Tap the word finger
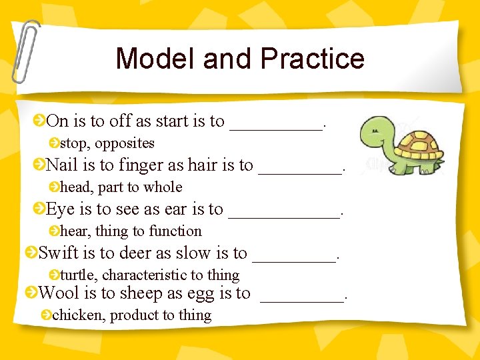[x=140, y=165]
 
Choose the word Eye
[x=60, y=209]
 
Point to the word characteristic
[x=145, y=275]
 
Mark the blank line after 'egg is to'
[x=302, y=299]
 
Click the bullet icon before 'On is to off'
[x=40, y=121]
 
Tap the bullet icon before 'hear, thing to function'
[x=54, y=231]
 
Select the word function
[x=175, y=231]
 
